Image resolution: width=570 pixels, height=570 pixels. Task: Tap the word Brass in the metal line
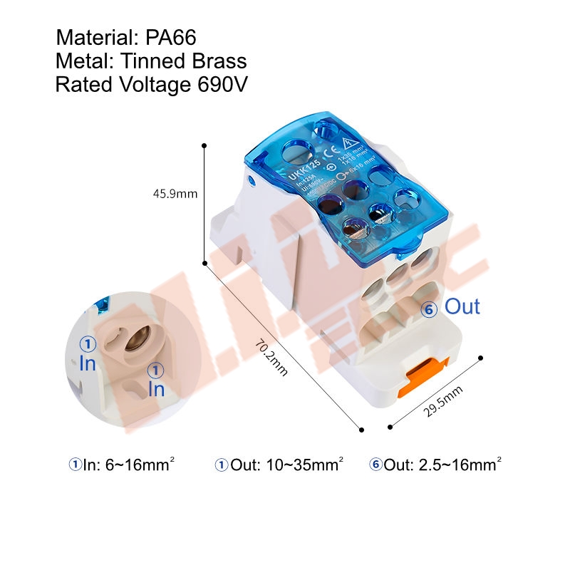pyautogui.click(x=217, y=61)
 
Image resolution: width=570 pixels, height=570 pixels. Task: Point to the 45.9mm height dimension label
pyautogui.click(x=175, y=192)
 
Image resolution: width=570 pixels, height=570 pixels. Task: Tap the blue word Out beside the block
pyautogui.click(x=462, y=307)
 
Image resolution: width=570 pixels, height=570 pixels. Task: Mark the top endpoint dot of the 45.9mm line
pyautogui.click(x=204, y=145)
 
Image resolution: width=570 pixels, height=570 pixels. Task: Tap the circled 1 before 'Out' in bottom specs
pyautogui.click(x=221, y=465)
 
